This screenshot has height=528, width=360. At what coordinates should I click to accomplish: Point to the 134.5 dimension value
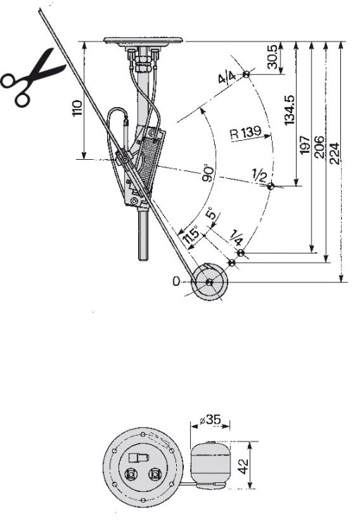click(289, 110)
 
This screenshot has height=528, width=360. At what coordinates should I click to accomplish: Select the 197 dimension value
click(305, 145)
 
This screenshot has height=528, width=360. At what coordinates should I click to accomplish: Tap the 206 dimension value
click(319, 147)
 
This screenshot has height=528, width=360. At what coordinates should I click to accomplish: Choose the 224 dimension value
click(334, 153)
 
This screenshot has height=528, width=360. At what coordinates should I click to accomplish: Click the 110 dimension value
click(77, 108)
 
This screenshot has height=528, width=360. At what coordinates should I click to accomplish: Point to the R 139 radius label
click(246, 132)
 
